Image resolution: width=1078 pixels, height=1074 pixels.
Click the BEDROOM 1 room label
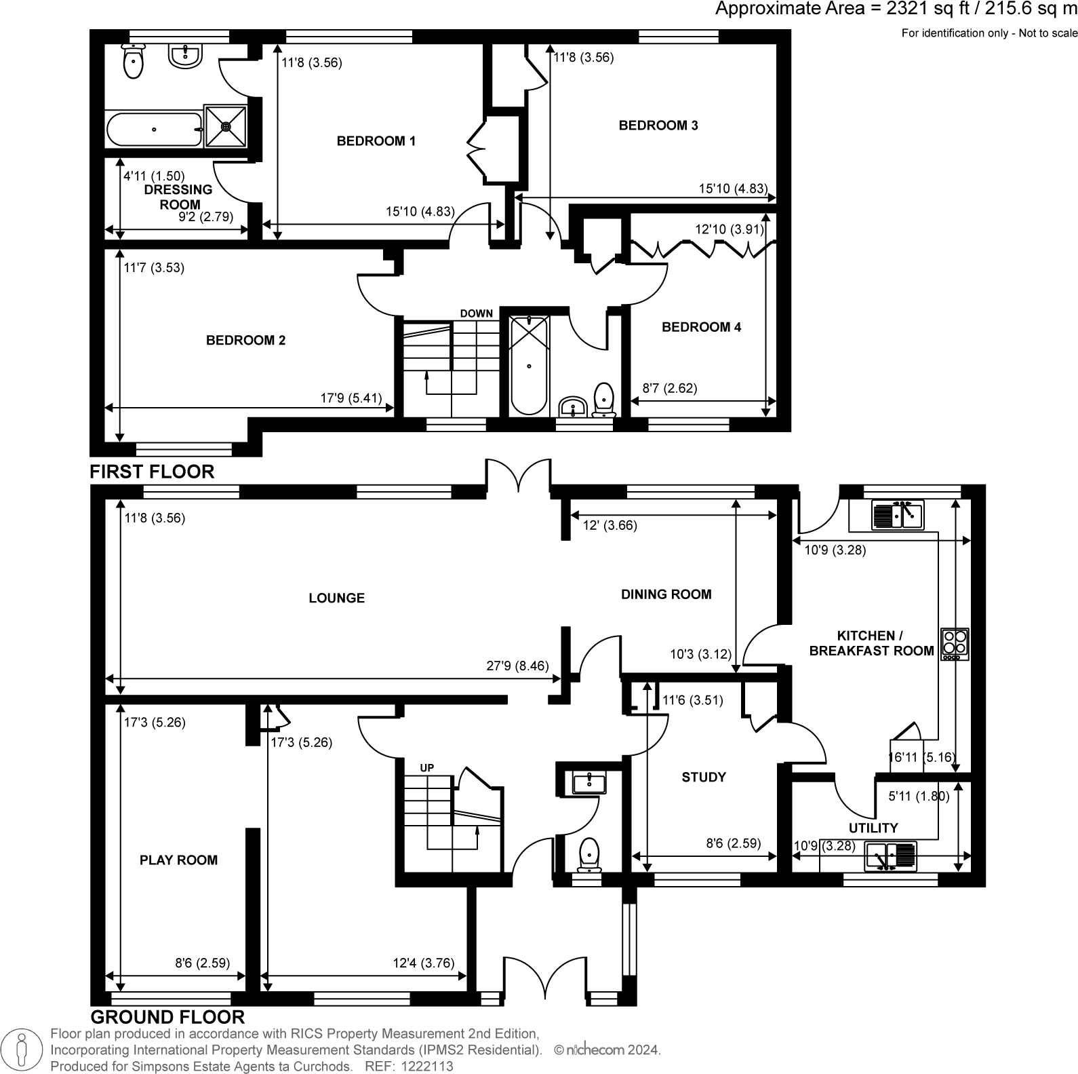(x=376, y=141)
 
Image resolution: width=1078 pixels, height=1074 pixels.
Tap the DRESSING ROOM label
(x=178, y=197)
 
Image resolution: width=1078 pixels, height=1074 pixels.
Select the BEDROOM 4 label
(x=701, y=327)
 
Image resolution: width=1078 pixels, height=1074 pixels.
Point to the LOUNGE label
(x=336, y=598)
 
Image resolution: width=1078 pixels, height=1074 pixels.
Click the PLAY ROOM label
(x=178, y=860)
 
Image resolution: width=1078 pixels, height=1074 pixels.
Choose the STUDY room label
(x=703, y=777)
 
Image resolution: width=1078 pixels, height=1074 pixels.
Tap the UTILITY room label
(x=873, y=828)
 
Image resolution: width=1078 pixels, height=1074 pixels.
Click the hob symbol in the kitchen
(x=955, y=644)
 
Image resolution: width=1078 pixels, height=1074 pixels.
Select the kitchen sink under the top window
(x=897, y=515)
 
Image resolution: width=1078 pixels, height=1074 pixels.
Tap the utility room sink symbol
(x=890, y=856)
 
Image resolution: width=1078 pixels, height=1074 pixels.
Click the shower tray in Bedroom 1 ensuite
(x=225, y=126)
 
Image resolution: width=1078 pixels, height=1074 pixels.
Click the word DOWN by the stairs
(x=476, y=313)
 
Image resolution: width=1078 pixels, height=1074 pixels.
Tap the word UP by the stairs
(x=426, y=768)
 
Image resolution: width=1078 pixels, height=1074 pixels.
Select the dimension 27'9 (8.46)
(x=517, y=666)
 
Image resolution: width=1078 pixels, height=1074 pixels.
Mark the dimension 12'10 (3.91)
(x=729, y=229)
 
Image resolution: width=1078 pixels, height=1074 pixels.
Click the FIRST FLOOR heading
(x=152, y=471)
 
